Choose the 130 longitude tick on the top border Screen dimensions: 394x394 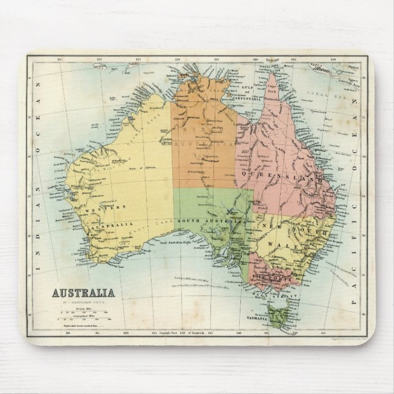tap(177, 59)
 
